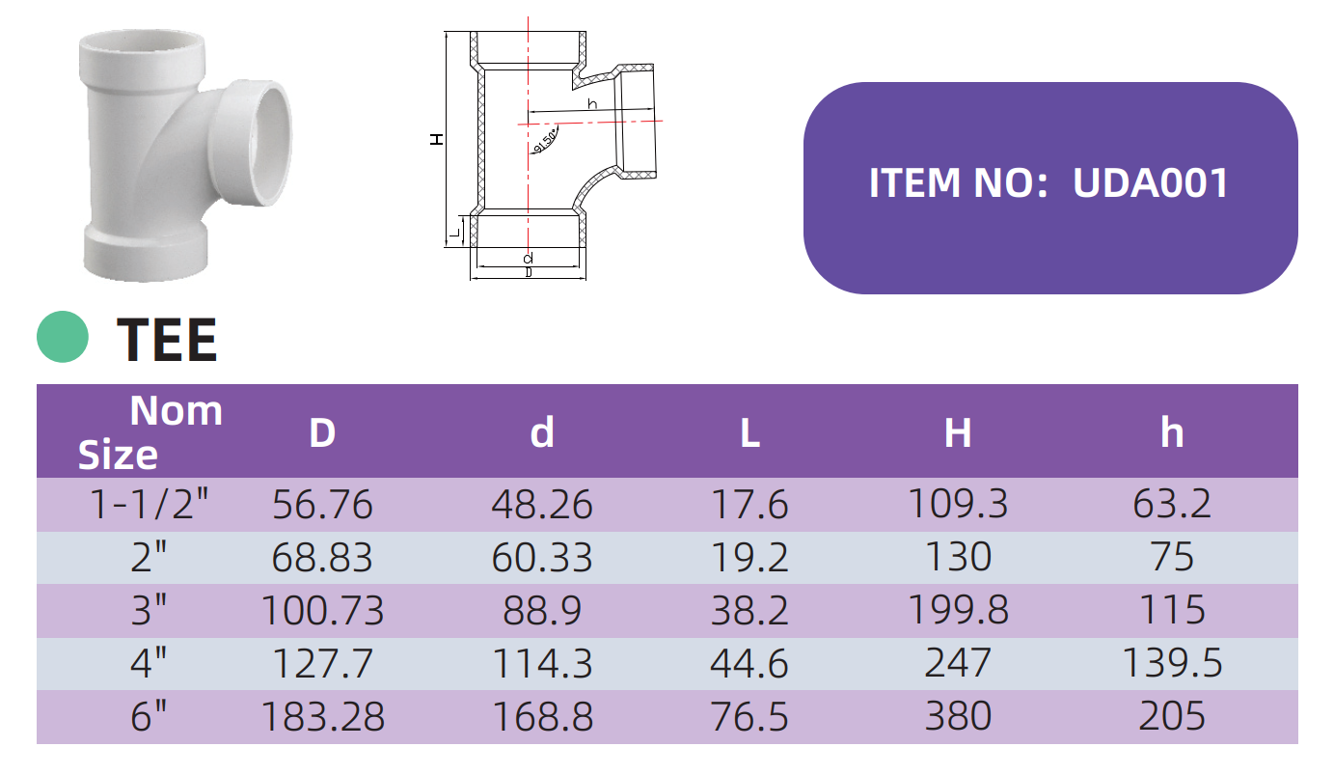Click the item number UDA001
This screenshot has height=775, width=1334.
point(1151,182)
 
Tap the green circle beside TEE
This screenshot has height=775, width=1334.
point(63,337)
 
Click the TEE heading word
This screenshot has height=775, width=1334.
point(167,339)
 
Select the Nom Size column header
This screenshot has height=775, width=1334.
point(150,432)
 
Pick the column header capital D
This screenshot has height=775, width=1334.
point(322,432)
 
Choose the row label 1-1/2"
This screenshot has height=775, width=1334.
point(150,504)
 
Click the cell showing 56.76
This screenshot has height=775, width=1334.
point(322,505)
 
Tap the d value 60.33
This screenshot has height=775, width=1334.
point(542,558)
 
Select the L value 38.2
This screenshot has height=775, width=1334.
point(749,611)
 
